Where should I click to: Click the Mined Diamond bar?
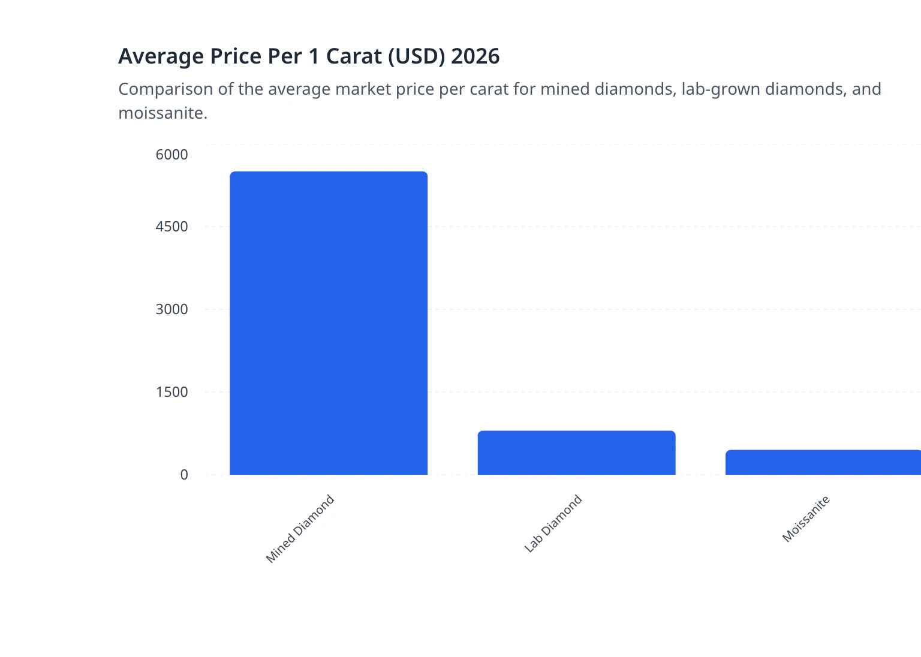pos(329,324)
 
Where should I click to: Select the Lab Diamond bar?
pos(576,453)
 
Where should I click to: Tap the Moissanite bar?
pos(823,462)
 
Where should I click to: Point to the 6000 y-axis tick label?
pos(171,155)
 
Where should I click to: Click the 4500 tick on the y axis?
pos(171,227)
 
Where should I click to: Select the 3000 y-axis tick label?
pos(171,309)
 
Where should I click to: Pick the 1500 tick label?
pos(171,392)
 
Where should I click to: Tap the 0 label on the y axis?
pos(184,475)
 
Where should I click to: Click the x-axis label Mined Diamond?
pos(300,529)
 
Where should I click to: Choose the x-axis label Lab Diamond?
pos(553,523)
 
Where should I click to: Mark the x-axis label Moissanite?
pos(806,519)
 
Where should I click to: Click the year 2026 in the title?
pos(475,56)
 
